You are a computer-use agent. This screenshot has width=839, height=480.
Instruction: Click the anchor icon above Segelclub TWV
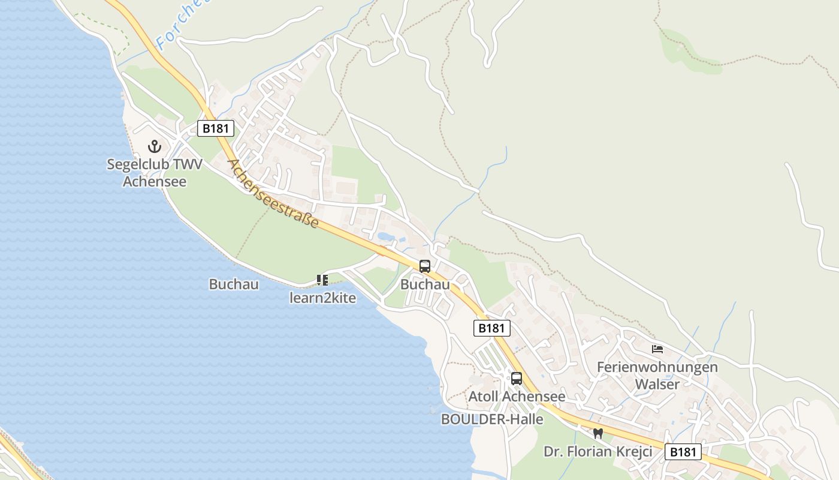[x=155, y=146]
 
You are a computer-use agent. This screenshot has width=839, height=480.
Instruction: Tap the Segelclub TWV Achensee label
[x=155, y=172]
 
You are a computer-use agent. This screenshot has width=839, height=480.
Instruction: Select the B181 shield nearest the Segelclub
[x=215, y=128]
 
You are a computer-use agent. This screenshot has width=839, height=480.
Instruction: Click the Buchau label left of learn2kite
[x=234, y=284]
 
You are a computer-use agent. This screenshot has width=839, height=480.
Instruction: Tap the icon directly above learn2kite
[x=322, y=280]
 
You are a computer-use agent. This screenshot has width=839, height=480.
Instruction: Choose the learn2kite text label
[x=322, y=298]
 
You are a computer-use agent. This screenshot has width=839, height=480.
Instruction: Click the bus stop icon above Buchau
[x=425, y=266]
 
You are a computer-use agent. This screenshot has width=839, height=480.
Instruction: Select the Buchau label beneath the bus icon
[x=425, y=284]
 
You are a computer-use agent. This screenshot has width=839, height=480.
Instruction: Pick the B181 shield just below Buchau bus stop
[x=492, y=328]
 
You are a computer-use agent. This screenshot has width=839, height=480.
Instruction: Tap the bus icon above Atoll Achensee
[x=517, y=379]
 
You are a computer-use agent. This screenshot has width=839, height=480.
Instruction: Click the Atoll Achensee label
[x=517, y=397]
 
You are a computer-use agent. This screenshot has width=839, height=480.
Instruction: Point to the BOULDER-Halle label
[x=492, y=419]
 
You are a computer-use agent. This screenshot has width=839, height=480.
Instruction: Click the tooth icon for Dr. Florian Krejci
[x=597, y=433]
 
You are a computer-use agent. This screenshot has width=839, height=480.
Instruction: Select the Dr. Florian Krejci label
[x=597, y=451]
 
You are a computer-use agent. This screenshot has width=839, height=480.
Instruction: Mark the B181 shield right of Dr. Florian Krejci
[x=683, y=452]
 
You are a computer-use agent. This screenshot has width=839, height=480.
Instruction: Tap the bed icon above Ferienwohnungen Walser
[x=657, y=349]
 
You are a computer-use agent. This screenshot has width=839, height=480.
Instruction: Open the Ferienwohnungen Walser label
[x=657, y=375]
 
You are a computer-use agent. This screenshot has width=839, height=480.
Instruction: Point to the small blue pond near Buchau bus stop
[x=385, y=237]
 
